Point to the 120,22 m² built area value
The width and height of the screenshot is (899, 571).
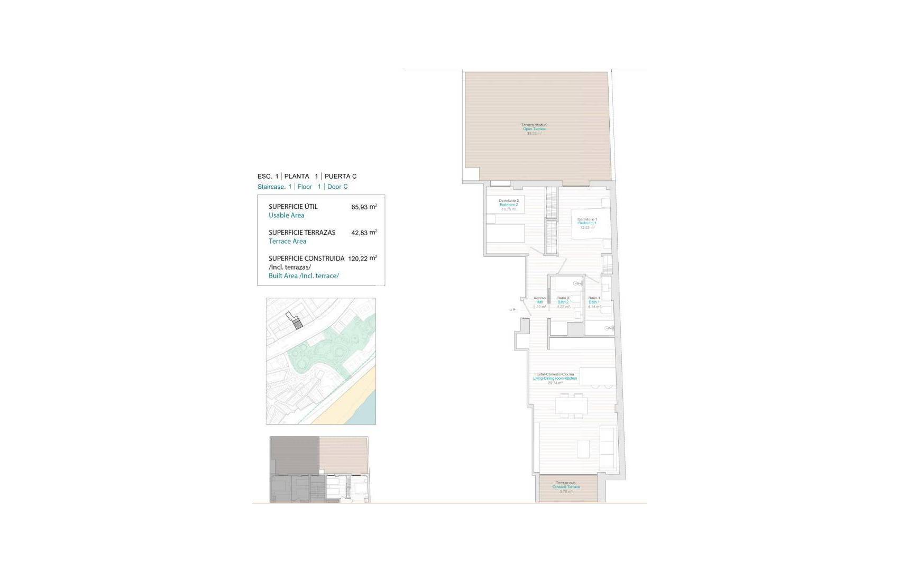click(x=362, y=259)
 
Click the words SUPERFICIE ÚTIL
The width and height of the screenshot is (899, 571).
click(x=293, y=207)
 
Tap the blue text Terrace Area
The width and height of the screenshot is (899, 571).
click(x=287, y=241)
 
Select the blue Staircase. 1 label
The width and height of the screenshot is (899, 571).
click(x=274, y=187)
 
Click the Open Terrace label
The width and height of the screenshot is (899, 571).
click(x=534, y=129)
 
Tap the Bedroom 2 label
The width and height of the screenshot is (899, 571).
click(x=509, y=205)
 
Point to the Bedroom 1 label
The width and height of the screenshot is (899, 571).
click(x=587, y=223)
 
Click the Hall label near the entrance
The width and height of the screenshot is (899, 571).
click(x=539, y=302)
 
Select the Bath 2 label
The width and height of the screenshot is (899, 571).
click(x=563, y=302)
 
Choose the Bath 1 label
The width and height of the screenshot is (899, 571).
click(x=594, y=302)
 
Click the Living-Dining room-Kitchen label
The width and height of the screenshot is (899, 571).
click(x=555, y=379)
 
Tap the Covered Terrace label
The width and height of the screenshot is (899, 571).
click(x=566, y=487)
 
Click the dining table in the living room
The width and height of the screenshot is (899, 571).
click(x=571, y=406)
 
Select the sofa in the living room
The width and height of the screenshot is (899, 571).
click(x=608, y=447)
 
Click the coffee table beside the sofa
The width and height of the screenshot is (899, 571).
click(x=583, y=449)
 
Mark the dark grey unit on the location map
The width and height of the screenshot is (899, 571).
click(x=298, y=324)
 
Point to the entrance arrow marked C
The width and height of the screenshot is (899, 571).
click(x=512, y=310)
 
